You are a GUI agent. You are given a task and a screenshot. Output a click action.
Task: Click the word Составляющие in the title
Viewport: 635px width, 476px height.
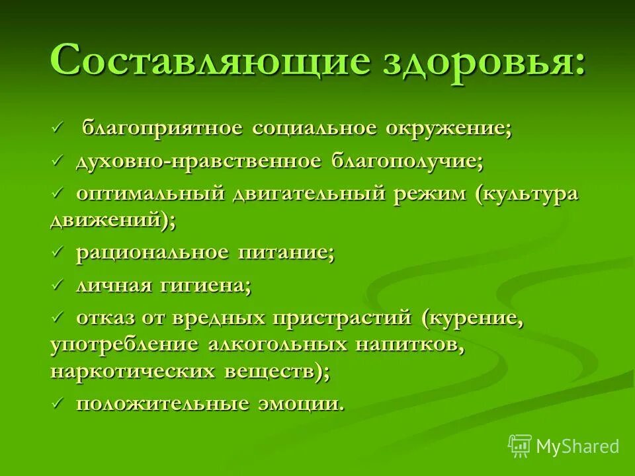[x=210, y=61]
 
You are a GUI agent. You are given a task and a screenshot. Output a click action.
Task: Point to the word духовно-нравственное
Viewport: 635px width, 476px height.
[x=198, y=161]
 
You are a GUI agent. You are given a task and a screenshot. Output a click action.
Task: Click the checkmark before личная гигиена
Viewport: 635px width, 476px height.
[x=58, y=286]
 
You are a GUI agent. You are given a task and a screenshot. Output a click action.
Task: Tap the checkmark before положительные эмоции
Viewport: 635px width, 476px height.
[x=58, y=403]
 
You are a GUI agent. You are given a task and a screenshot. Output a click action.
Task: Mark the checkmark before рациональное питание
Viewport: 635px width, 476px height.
[x=58, y=253]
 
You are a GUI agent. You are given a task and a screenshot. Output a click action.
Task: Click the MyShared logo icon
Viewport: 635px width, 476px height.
[x=520, y=445]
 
